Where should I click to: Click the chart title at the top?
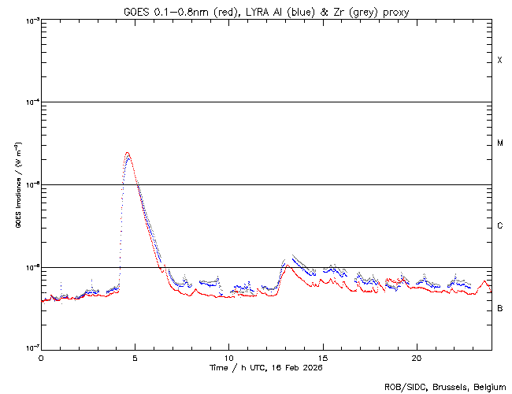(x=266, y=11)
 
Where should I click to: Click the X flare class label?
(x=499, y=61)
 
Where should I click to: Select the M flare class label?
(x=499, y=143)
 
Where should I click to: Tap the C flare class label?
(x=499, y=226)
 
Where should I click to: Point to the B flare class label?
(x=499, y=308)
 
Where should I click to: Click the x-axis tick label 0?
(x=41, y=357)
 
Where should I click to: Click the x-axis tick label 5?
(x=135, y=357)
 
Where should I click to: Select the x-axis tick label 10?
(x=228, y=357)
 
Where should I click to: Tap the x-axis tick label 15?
(x=322, y=357)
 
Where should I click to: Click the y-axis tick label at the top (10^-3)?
(x=32, y=20)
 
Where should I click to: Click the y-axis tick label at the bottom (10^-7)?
(x=32, y=348)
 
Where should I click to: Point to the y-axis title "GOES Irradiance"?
(x=17, y=184)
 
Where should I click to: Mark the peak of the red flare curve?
(x=127, y=152)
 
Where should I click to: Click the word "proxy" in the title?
(x=395, y=11)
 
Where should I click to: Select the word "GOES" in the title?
(x=136, y=11)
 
